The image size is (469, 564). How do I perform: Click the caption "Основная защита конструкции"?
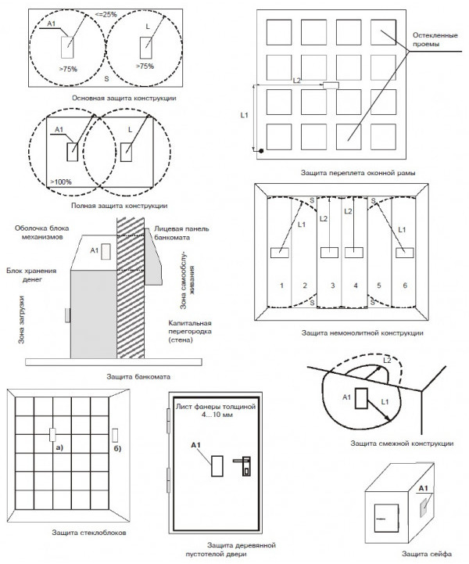pyautogui.click(x=124, y=99)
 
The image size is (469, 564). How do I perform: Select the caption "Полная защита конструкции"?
pyautogui.click(x=119, y=206)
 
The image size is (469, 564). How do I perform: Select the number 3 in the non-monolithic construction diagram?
pyautogui.click(x=331, y=286)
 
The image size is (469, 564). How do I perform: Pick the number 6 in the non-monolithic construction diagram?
pyautogui.click(x=405, y=286)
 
